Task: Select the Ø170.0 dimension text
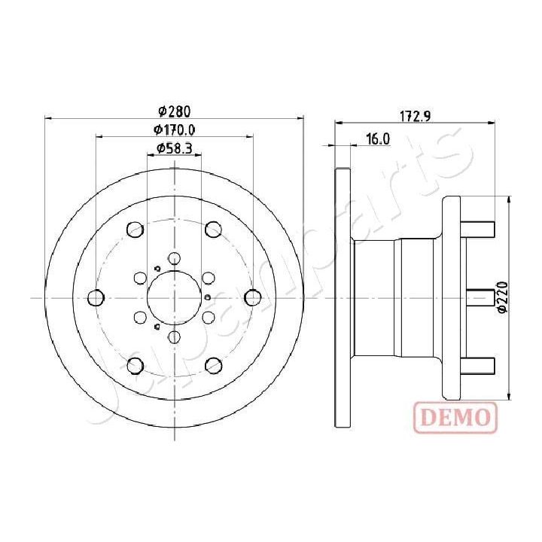[x=175, y=130]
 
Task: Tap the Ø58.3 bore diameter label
[x=174, y=148]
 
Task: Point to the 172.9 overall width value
[x=415, y=115]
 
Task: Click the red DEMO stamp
[x=455, y=416]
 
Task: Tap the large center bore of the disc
[x=174, y=298]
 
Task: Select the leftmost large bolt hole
[x=96, y=298]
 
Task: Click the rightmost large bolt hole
[x=253, y=298]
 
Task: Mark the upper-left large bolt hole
[x=135, y=229]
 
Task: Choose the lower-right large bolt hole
[x=214, y=366]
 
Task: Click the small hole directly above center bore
[x=174, y=259]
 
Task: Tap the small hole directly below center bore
[x=174, y=337]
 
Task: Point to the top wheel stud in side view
[x=477, y=227]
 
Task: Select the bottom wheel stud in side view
[x=477, y=367]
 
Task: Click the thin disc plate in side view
[x=343, y=298]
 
